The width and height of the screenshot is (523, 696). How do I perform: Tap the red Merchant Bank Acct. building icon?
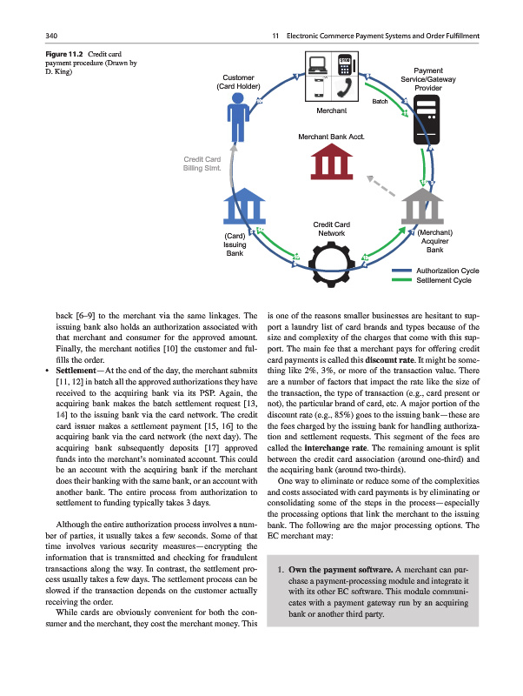coord(329,163)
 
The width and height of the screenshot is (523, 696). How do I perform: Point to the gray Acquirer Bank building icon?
coord(425,206)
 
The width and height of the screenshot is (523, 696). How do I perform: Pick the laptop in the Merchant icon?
coord(318,64)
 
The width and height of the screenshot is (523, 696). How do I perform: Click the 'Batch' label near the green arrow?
coord(380,103)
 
